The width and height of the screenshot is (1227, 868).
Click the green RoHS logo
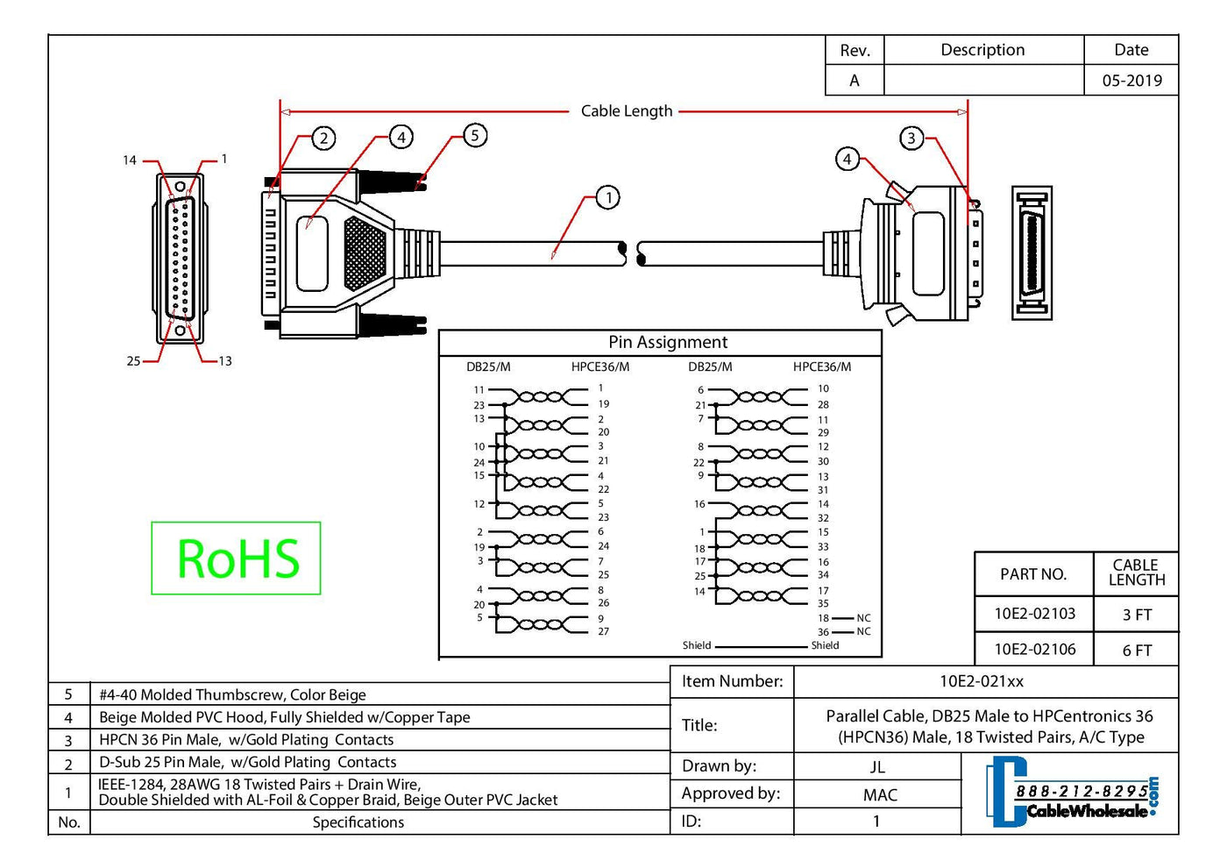click(237, 559)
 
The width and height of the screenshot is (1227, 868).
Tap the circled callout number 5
click(474, 135)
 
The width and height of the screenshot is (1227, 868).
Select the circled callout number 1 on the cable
click(608, 197)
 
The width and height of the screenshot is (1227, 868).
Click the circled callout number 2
click(323, 138)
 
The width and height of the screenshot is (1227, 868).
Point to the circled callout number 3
click(911, 138)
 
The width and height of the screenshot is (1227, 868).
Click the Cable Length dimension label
click(626, 111)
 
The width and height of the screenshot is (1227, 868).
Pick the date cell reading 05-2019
click(1131, 81)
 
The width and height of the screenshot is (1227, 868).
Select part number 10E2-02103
click(1034, 614)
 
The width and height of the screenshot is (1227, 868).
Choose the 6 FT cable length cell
click(1137, 651)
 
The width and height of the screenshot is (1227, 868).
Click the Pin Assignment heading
click(668, 342)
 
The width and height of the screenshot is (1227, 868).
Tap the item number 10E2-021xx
click(982, 681)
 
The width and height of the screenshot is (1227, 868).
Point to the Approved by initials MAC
click(879, 795)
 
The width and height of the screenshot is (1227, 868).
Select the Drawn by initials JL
click(877, 767)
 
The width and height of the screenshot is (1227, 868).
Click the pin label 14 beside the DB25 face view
click(130, 160)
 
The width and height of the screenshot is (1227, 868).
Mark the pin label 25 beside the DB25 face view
click(133, 361)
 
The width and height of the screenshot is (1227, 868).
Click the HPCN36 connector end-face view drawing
click(1032, 253)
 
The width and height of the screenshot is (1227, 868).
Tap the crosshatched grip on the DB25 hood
click(365, 253)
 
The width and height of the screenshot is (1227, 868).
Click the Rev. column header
click(855, 51)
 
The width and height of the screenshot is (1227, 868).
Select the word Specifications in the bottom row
click(358, 822)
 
